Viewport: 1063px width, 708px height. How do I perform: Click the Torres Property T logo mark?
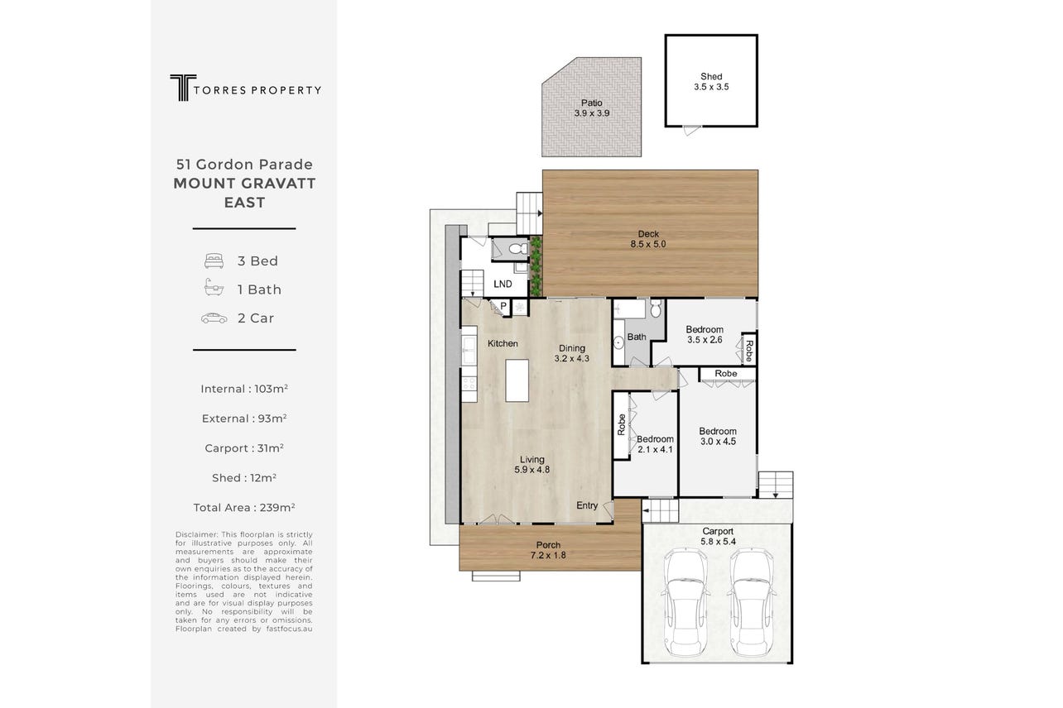pyautogui.click(x=183, y=88)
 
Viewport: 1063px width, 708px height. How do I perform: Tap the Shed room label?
pyautogui.click(x=711, y=76)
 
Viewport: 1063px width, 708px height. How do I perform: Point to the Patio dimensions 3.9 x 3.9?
pyautogui.click(x=592, y=113)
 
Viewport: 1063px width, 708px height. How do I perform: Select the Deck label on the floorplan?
pyautogui.click(x=648, y=234)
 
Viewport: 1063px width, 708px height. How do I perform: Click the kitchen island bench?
pyautogui.click(x=517, y=380)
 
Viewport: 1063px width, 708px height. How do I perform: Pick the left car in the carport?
pyautogui.click(x=685, y=602)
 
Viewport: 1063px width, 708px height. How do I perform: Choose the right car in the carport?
pyautogui.click(x=751, y=602)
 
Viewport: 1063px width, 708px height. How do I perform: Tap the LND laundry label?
pyautogui.click(x=503, y=284)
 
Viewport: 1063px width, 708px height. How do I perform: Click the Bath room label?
pyautogui.click(x=637, y=337)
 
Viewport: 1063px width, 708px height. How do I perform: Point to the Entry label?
pyautogui.click(x=587, y=505)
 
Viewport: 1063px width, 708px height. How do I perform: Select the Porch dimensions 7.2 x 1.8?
pyautogui.click(x=548, y=555)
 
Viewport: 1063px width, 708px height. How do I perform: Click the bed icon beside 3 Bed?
pyautogui.click(x=214, y=261)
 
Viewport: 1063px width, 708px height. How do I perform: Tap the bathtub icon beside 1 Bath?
pyautogui.click(x=214, y=288)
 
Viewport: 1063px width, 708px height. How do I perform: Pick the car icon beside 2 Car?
pyautogui.click(x=214, y=318)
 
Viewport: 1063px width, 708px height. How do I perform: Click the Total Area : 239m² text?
pyautogui.click(x=244, y=507)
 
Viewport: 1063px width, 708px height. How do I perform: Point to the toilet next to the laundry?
pyautogui.click(x=518, y=248)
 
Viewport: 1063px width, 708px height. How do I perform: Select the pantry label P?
pyautogui.click(x=503, y=306)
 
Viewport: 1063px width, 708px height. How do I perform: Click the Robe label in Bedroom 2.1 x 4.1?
pyautogui.click(x=621, y=425)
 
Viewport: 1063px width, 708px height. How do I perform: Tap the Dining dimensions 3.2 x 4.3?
pyautogui.click(x=572, y=358)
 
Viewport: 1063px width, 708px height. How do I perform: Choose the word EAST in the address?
pyautogui.click(x=244, y=203)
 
